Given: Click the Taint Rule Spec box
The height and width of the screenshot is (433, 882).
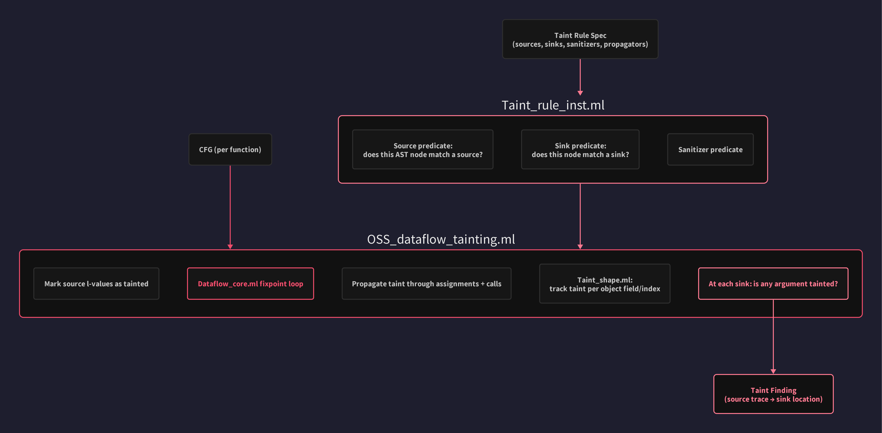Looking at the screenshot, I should click(580, 39).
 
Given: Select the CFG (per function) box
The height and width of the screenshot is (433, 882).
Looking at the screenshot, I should click(230, 150).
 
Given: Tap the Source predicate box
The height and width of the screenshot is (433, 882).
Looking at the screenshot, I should click(422, 150).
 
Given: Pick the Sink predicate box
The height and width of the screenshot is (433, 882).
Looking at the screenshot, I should click(580, 150).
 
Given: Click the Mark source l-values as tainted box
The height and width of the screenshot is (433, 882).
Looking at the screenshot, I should click(96, 284).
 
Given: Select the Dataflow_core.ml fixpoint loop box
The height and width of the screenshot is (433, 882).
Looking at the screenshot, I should click(250, 284).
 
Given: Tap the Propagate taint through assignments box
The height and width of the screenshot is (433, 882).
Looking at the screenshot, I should click(426, 284).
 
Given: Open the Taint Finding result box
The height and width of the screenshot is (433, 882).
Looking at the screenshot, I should click(773, 394).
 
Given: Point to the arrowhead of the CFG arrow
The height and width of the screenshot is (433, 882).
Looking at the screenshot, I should click(230, 246).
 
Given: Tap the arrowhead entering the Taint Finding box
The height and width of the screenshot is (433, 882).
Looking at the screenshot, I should click(773, 371).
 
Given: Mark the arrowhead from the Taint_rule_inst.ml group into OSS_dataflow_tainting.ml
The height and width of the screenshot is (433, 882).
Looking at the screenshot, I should click(580, 246).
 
